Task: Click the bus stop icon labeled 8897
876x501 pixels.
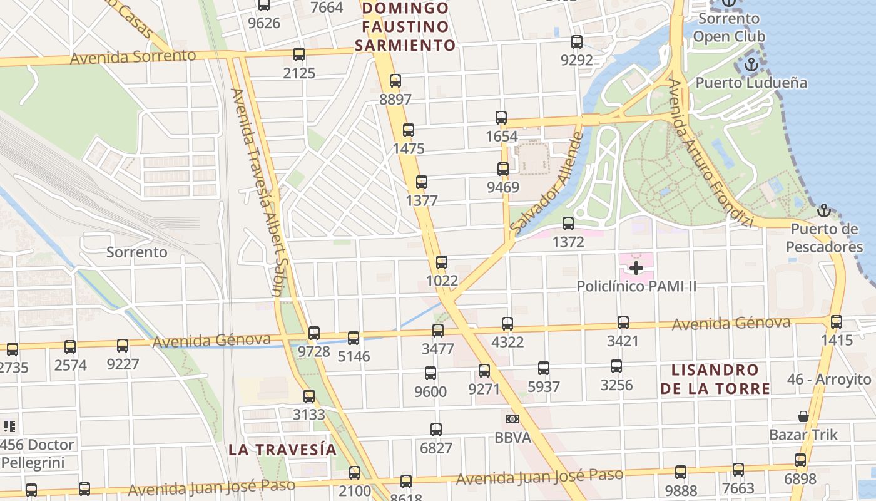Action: click(x=395, y=81)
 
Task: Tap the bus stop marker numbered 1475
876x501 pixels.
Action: click(x=409, y=130)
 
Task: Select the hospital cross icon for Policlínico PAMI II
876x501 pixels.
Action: click(x=636, y=269)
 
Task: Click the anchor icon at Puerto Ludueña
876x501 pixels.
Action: click(x=751, y=65)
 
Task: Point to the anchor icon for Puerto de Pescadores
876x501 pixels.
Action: click(x=824, y=210)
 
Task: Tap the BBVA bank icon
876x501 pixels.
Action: click(x=512, y=418)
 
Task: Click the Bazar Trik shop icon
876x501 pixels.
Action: click(x=803, y=416)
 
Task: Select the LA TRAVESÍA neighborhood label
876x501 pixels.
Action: click(x=282, y=450)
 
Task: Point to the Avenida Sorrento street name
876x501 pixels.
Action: click(x=133, y=57)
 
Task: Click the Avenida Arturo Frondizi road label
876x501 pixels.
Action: click(x=709, y=153)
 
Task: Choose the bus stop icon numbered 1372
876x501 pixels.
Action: click(x=568, y=223)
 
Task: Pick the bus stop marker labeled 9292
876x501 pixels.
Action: click(x=577, y=42)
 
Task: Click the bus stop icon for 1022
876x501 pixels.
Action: click(x=442, y=262)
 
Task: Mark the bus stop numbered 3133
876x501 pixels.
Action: click(x=309, y=396)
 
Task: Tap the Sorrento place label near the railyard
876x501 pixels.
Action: click(x=137, y=252)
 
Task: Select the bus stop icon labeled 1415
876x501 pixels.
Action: click(x=837, y=322)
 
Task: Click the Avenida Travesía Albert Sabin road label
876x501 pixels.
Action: click(x=258, y=191)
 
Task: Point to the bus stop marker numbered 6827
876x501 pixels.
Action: click(x=436, y=430)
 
